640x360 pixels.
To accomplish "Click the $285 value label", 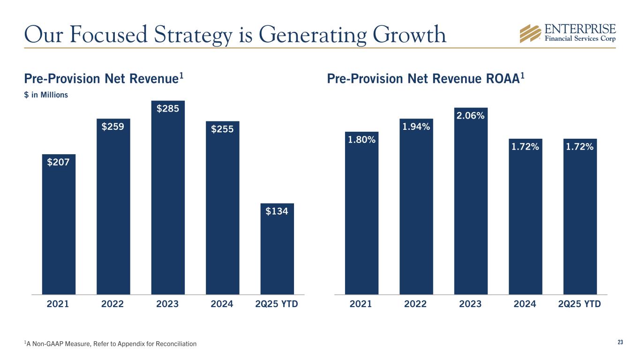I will click(x=167, y=109).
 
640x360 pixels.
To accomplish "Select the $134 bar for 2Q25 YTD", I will click(x=277, y=253).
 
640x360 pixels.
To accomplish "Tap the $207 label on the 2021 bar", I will click(x=58, y=162).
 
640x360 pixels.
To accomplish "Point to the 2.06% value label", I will click(x=470, y=115).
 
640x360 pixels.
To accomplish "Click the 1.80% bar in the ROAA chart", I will click(x=361, y=220).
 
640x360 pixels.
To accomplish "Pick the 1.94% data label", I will click(x=415, y=127).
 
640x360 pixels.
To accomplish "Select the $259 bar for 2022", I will click(x=113, y=211).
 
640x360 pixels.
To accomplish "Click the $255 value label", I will click(x=222, y=129).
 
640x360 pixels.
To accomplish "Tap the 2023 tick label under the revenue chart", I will click(x=167, y=304).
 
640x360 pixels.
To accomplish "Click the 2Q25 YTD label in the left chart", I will click(x=277, y=304).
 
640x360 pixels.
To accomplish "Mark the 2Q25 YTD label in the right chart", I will click(x=580, y=304).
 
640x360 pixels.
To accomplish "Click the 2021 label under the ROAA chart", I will click(x=361, y=304).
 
